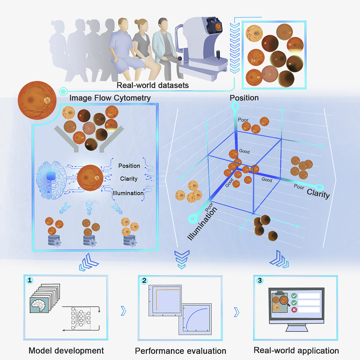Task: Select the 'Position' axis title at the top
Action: pos(244,98)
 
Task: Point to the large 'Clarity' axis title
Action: pos(318,194)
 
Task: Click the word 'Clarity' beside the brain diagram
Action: pos(129,179)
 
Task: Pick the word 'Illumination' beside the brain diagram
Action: pos(128,193)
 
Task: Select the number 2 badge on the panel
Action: pos(145,280)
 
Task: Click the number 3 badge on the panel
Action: pos(259,280)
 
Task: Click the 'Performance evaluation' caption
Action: pos(181,351)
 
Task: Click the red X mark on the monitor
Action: pos(294,309)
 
